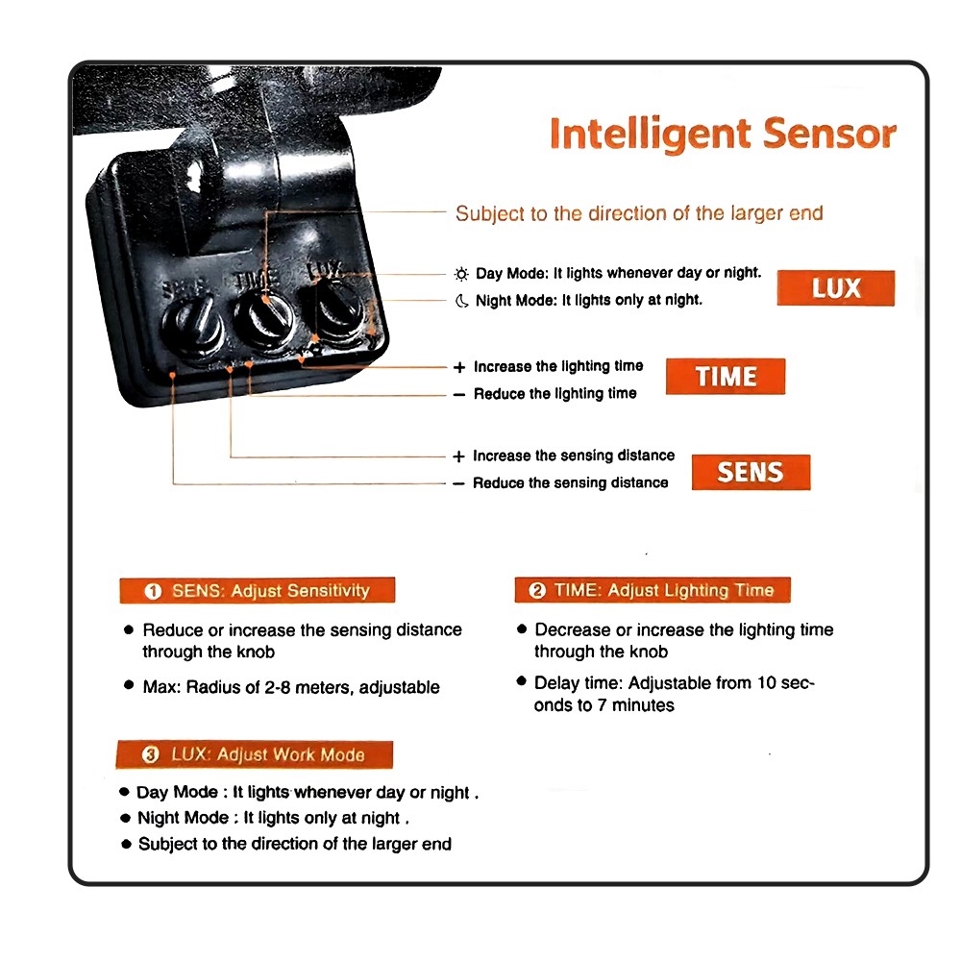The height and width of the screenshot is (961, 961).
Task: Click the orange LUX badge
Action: [x=835, y=288]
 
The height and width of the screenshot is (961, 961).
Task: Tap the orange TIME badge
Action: [x=725, y=377]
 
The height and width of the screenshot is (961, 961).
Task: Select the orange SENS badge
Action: [x=751, y=472]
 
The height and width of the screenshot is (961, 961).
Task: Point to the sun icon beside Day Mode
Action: [x=461, y=274]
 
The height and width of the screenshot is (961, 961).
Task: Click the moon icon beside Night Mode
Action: [x=461, y=301]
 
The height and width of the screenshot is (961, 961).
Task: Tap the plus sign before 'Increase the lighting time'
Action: [x=459, y=367]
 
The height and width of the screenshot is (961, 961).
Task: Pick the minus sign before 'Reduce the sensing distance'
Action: [x=458, y=483]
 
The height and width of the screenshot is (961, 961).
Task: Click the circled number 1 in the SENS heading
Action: [x=153, y=591]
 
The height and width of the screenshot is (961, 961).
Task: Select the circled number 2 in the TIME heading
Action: [x=537, y=590]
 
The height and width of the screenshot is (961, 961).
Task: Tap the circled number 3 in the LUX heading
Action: [x=150, y=754]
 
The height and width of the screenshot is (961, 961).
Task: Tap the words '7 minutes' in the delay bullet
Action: [x=635, y=705]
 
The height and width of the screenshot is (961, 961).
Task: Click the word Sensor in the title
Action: [x=829, y=133]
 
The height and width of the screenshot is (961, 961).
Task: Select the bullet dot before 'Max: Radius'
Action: [x=129, y=684]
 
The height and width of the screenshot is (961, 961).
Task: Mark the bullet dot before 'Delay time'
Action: [x=522, y=680]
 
